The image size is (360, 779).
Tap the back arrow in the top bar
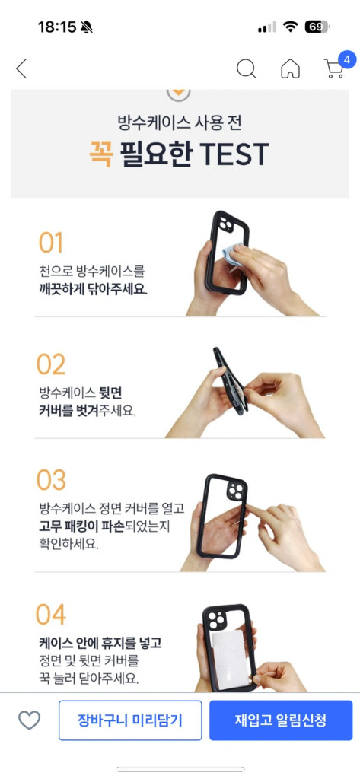[21, 68]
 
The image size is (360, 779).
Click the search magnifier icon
[246, 68]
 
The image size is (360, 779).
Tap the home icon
[290, 68]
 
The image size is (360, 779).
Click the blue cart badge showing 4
[346, 59]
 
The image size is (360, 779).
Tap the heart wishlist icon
[29, 720]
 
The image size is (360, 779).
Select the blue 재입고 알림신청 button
[281, 720]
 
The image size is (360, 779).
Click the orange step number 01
[51, 243]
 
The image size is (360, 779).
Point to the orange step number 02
[52, 364]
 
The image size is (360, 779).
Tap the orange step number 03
[52, 480]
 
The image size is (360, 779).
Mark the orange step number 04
[52, 614]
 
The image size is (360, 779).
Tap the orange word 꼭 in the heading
[100, 154]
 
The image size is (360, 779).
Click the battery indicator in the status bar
[317, 27]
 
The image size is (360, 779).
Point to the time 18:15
[57, 27]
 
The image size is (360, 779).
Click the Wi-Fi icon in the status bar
[290, 27]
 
